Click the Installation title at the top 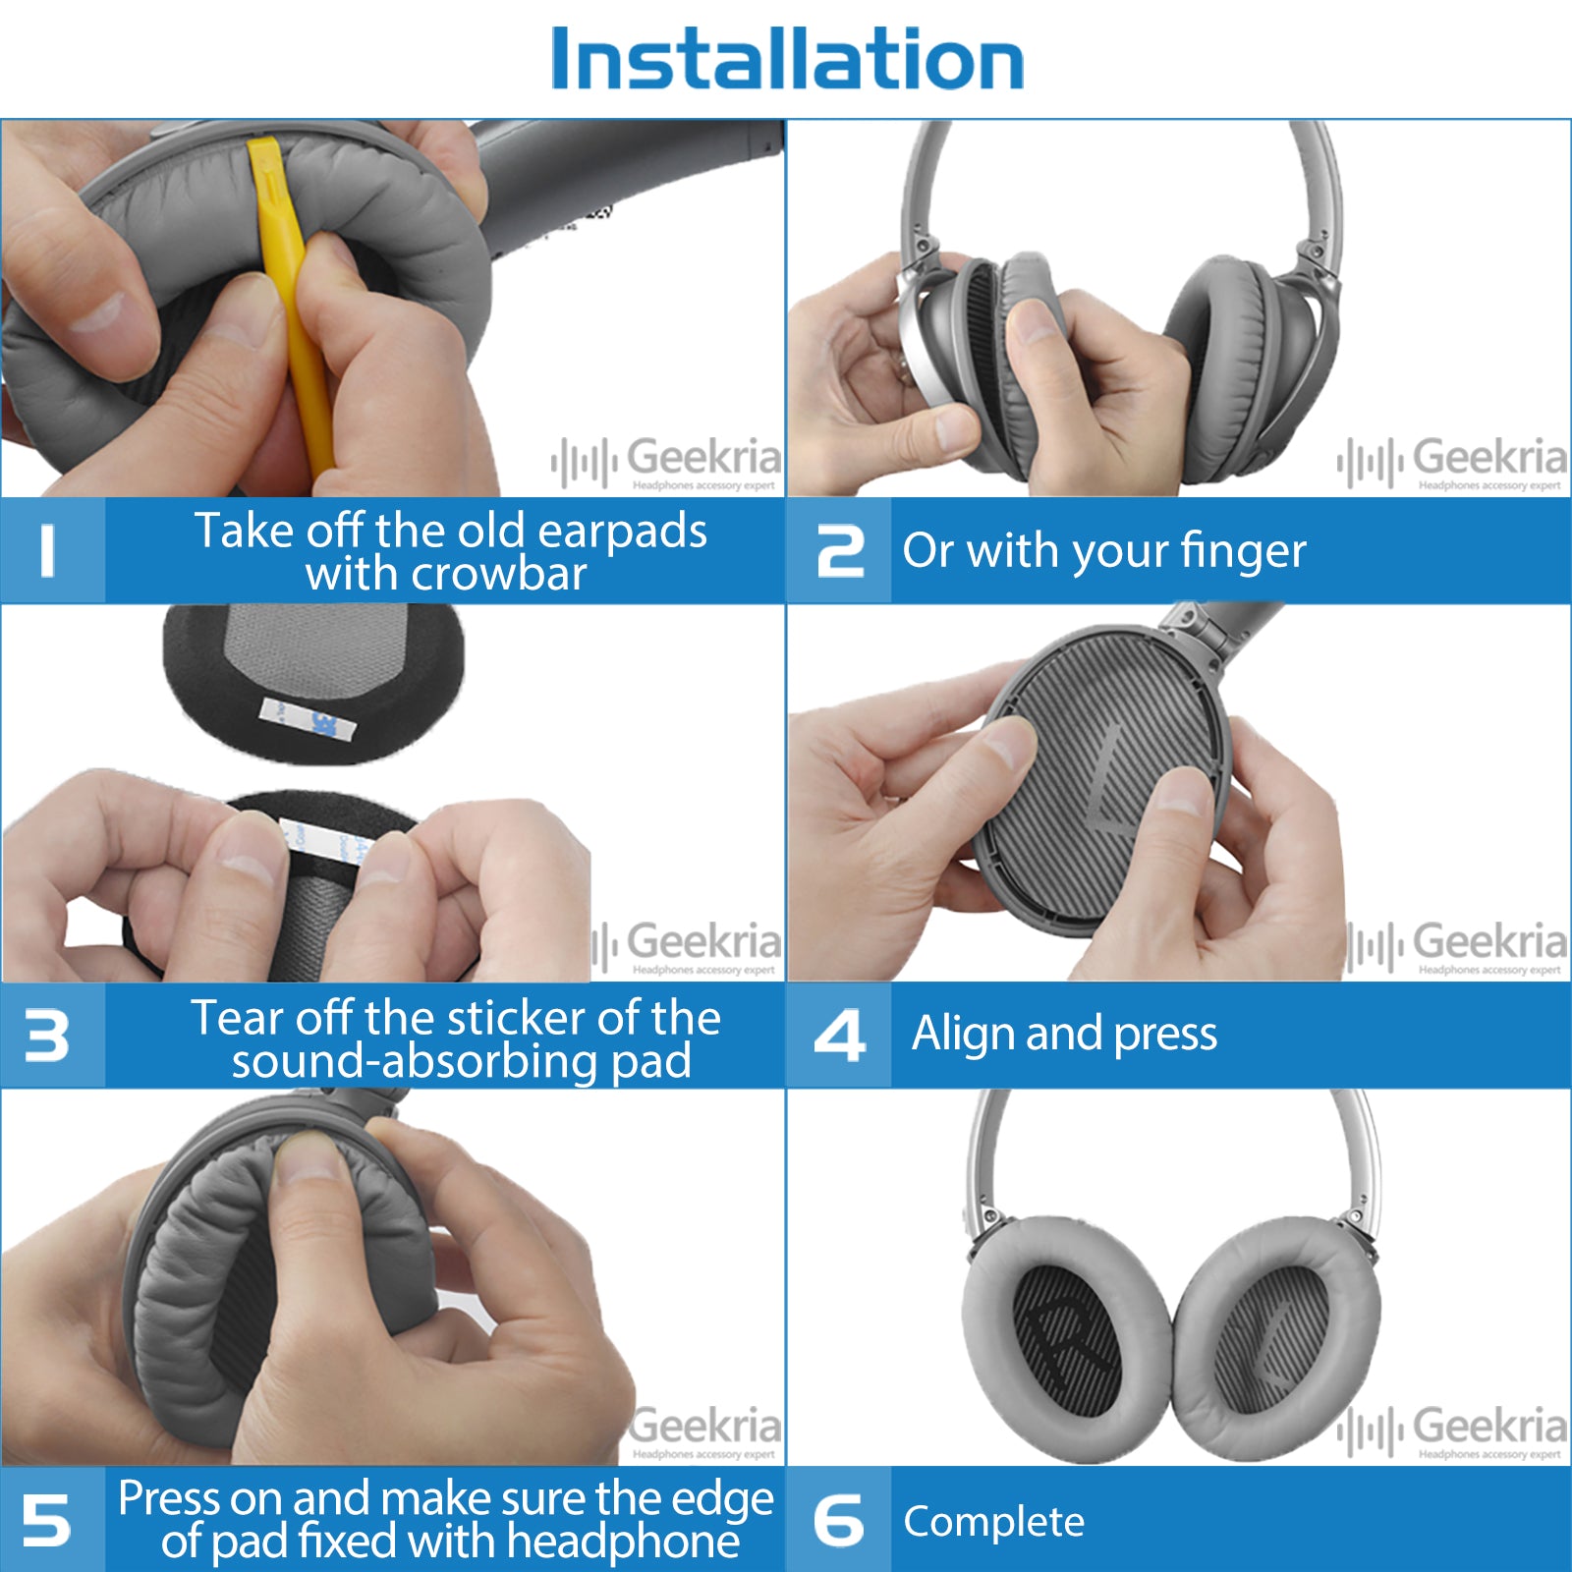(x=787, y=59)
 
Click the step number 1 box (x=51, y=550)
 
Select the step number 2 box (x=839, y=550)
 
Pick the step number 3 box (x=51, y=1036)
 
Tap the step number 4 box (x=839, y=1036)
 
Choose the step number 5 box (x=51, y=1519)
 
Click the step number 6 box (x=839, y=1519)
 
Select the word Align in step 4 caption (x=963, y=1034)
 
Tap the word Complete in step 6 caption (x=993, y=1521)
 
